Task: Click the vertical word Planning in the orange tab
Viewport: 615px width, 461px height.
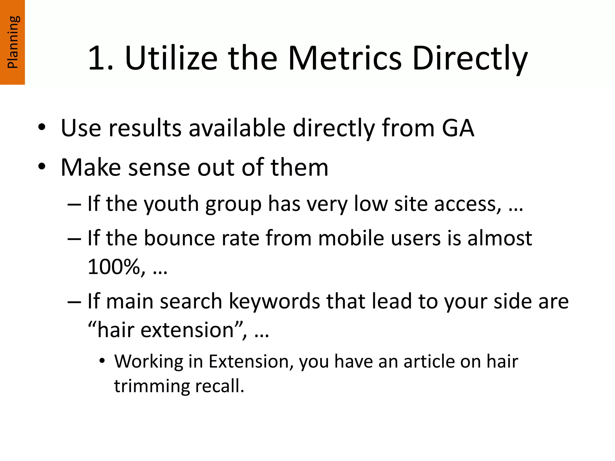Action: [x=13, y=42]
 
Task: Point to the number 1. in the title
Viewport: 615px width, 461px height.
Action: [x=101, y=59]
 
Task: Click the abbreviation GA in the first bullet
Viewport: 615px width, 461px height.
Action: [x=458, y=128]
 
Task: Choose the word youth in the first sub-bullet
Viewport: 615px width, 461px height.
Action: [x=171, y=204]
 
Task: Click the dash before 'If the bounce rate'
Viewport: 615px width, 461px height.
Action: [x=74, y=239]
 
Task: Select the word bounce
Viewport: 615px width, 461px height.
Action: [x=180, y=238]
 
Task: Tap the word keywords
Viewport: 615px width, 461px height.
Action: [x=274, y=301]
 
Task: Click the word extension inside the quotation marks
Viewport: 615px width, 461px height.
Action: [x=187, y=330]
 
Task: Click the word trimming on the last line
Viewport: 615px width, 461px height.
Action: [x=152, y=386]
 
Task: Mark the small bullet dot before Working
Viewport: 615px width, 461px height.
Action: [x=103, y=361]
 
